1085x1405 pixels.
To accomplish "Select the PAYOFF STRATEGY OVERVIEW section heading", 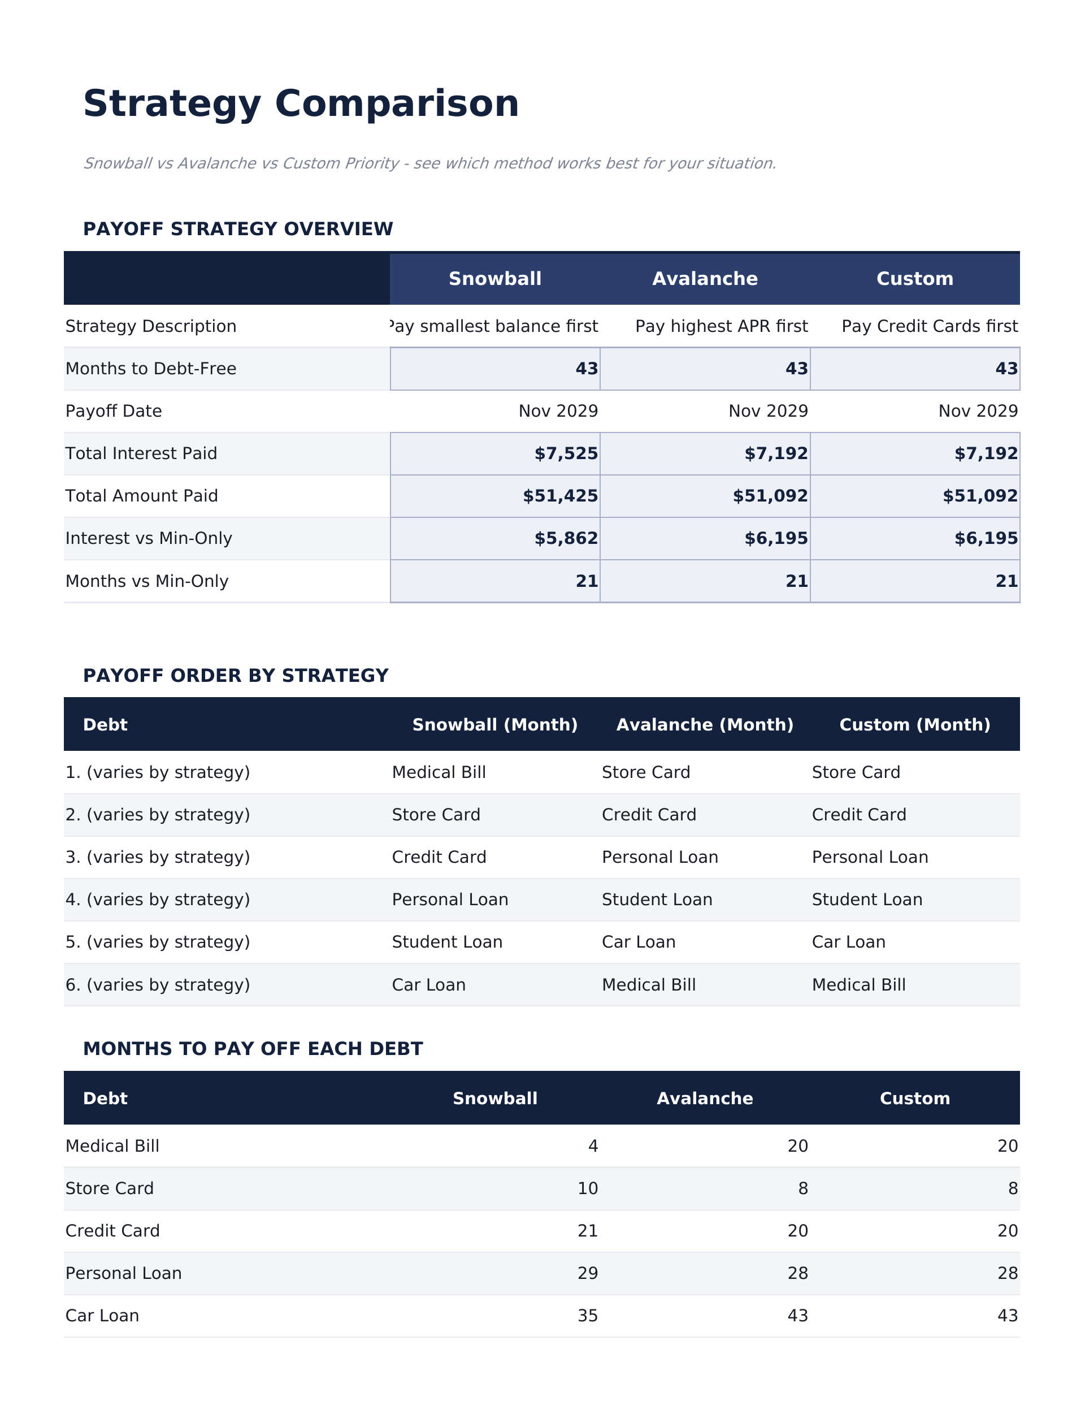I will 237,229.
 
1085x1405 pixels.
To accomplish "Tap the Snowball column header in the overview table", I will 494,279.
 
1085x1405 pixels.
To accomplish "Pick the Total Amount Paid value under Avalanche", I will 770,496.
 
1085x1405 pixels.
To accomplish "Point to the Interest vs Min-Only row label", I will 149,538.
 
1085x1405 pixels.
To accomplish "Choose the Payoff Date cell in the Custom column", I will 978,411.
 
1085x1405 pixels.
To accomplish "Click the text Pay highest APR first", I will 721,326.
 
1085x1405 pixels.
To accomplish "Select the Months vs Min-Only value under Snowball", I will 586,581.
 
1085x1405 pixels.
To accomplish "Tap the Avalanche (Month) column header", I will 704,725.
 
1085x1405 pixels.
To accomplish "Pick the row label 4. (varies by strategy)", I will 158,900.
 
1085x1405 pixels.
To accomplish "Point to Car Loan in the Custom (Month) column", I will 848,942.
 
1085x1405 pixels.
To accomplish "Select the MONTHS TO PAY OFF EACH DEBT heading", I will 253,1049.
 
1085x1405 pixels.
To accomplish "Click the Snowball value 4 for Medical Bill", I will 592,1145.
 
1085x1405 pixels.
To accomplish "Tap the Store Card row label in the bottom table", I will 109,1188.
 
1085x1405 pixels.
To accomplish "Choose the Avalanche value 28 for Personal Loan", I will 797,1273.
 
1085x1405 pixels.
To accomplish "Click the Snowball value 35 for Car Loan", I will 587,1316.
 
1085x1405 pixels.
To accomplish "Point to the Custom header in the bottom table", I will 914,1098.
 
